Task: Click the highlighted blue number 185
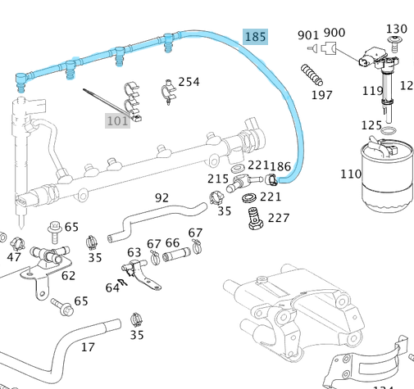point(256,37)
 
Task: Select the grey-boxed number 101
point(117,121)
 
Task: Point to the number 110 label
point(351,174)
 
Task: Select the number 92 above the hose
point(162,197)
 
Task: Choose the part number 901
point(307,34)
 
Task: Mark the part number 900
point(334,33)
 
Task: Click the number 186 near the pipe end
point(280,167)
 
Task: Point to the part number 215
point(217,179)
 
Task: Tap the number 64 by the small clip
point(112,287)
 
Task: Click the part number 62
point(68,275)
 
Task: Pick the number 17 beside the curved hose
point(87,347)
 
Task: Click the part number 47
point(14,257)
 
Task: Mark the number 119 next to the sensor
point(373,91)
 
